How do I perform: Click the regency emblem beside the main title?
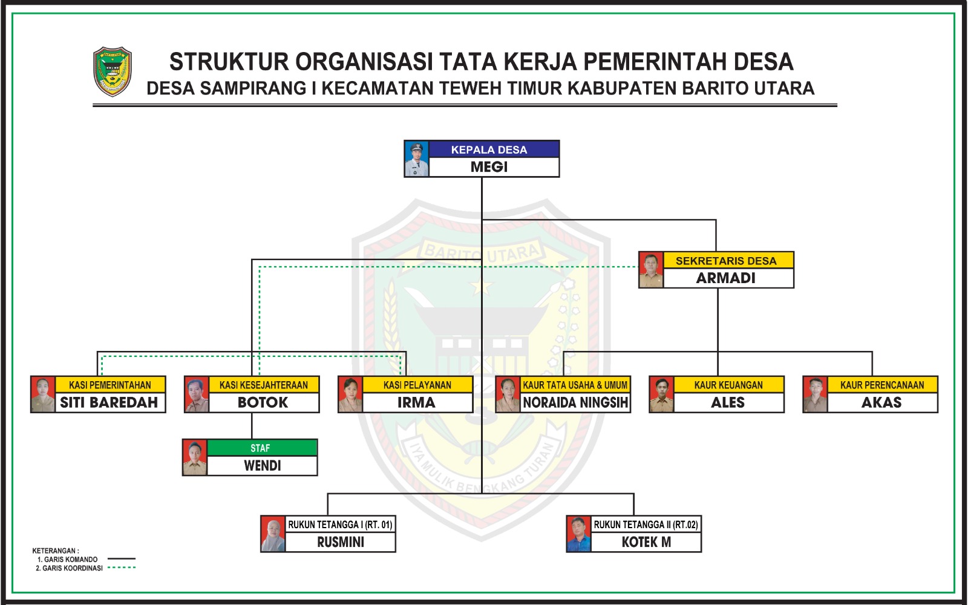point(112,72)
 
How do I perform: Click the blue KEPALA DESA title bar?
point(489,149)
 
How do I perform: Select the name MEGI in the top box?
point(489,167)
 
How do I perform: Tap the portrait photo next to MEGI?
point(417,159)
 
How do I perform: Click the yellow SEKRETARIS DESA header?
point(726,261)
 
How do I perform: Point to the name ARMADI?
point(726,278)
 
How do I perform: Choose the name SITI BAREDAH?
point(109,403)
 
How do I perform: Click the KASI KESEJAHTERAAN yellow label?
point(263,385)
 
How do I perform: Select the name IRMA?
point(416,403)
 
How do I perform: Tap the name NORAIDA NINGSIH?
point(575,403)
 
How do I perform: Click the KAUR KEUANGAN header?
point(728,385)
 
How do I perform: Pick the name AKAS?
point(881,403)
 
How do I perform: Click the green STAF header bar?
point(261,448)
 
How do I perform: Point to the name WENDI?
point(262,466)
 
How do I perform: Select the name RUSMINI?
point(341,543)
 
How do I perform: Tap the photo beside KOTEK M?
point(578,534)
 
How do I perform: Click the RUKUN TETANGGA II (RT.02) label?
point(646,525)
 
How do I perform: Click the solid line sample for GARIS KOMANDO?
point(121,559)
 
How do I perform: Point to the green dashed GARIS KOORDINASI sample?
point(121,568)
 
